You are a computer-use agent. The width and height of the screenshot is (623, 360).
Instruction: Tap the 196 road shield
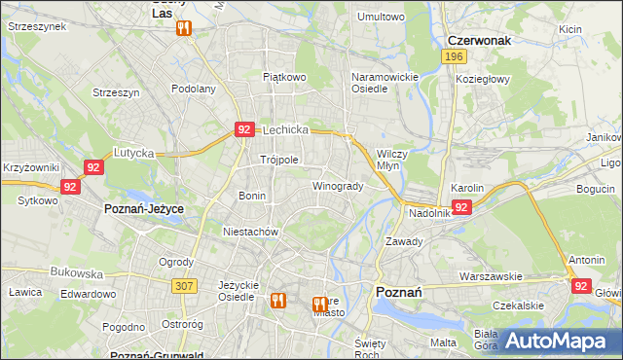pos(453,57)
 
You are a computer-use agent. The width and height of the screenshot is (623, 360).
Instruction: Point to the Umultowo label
pos(381,17)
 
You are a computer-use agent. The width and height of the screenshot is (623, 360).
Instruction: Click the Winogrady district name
pos(338,186)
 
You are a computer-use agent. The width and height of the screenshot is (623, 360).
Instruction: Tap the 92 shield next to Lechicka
pos(244,128)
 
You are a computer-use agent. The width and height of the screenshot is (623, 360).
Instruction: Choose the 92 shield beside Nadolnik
pos(461,207)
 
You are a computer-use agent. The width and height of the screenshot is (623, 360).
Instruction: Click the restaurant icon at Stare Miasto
pos(318,305)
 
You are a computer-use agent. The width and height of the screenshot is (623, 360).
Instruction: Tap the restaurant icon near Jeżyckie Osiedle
pos(276,301)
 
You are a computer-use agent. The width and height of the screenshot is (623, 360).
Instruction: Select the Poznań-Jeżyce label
pos(144,209)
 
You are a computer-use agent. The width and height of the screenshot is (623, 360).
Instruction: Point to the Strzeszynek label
pos(36,27)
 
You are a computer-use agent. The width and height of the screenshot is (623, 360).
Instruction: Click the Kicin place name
pos(570,29)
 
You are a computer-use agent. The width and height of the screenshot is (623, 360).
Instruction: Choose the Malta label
pos(443,342)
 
